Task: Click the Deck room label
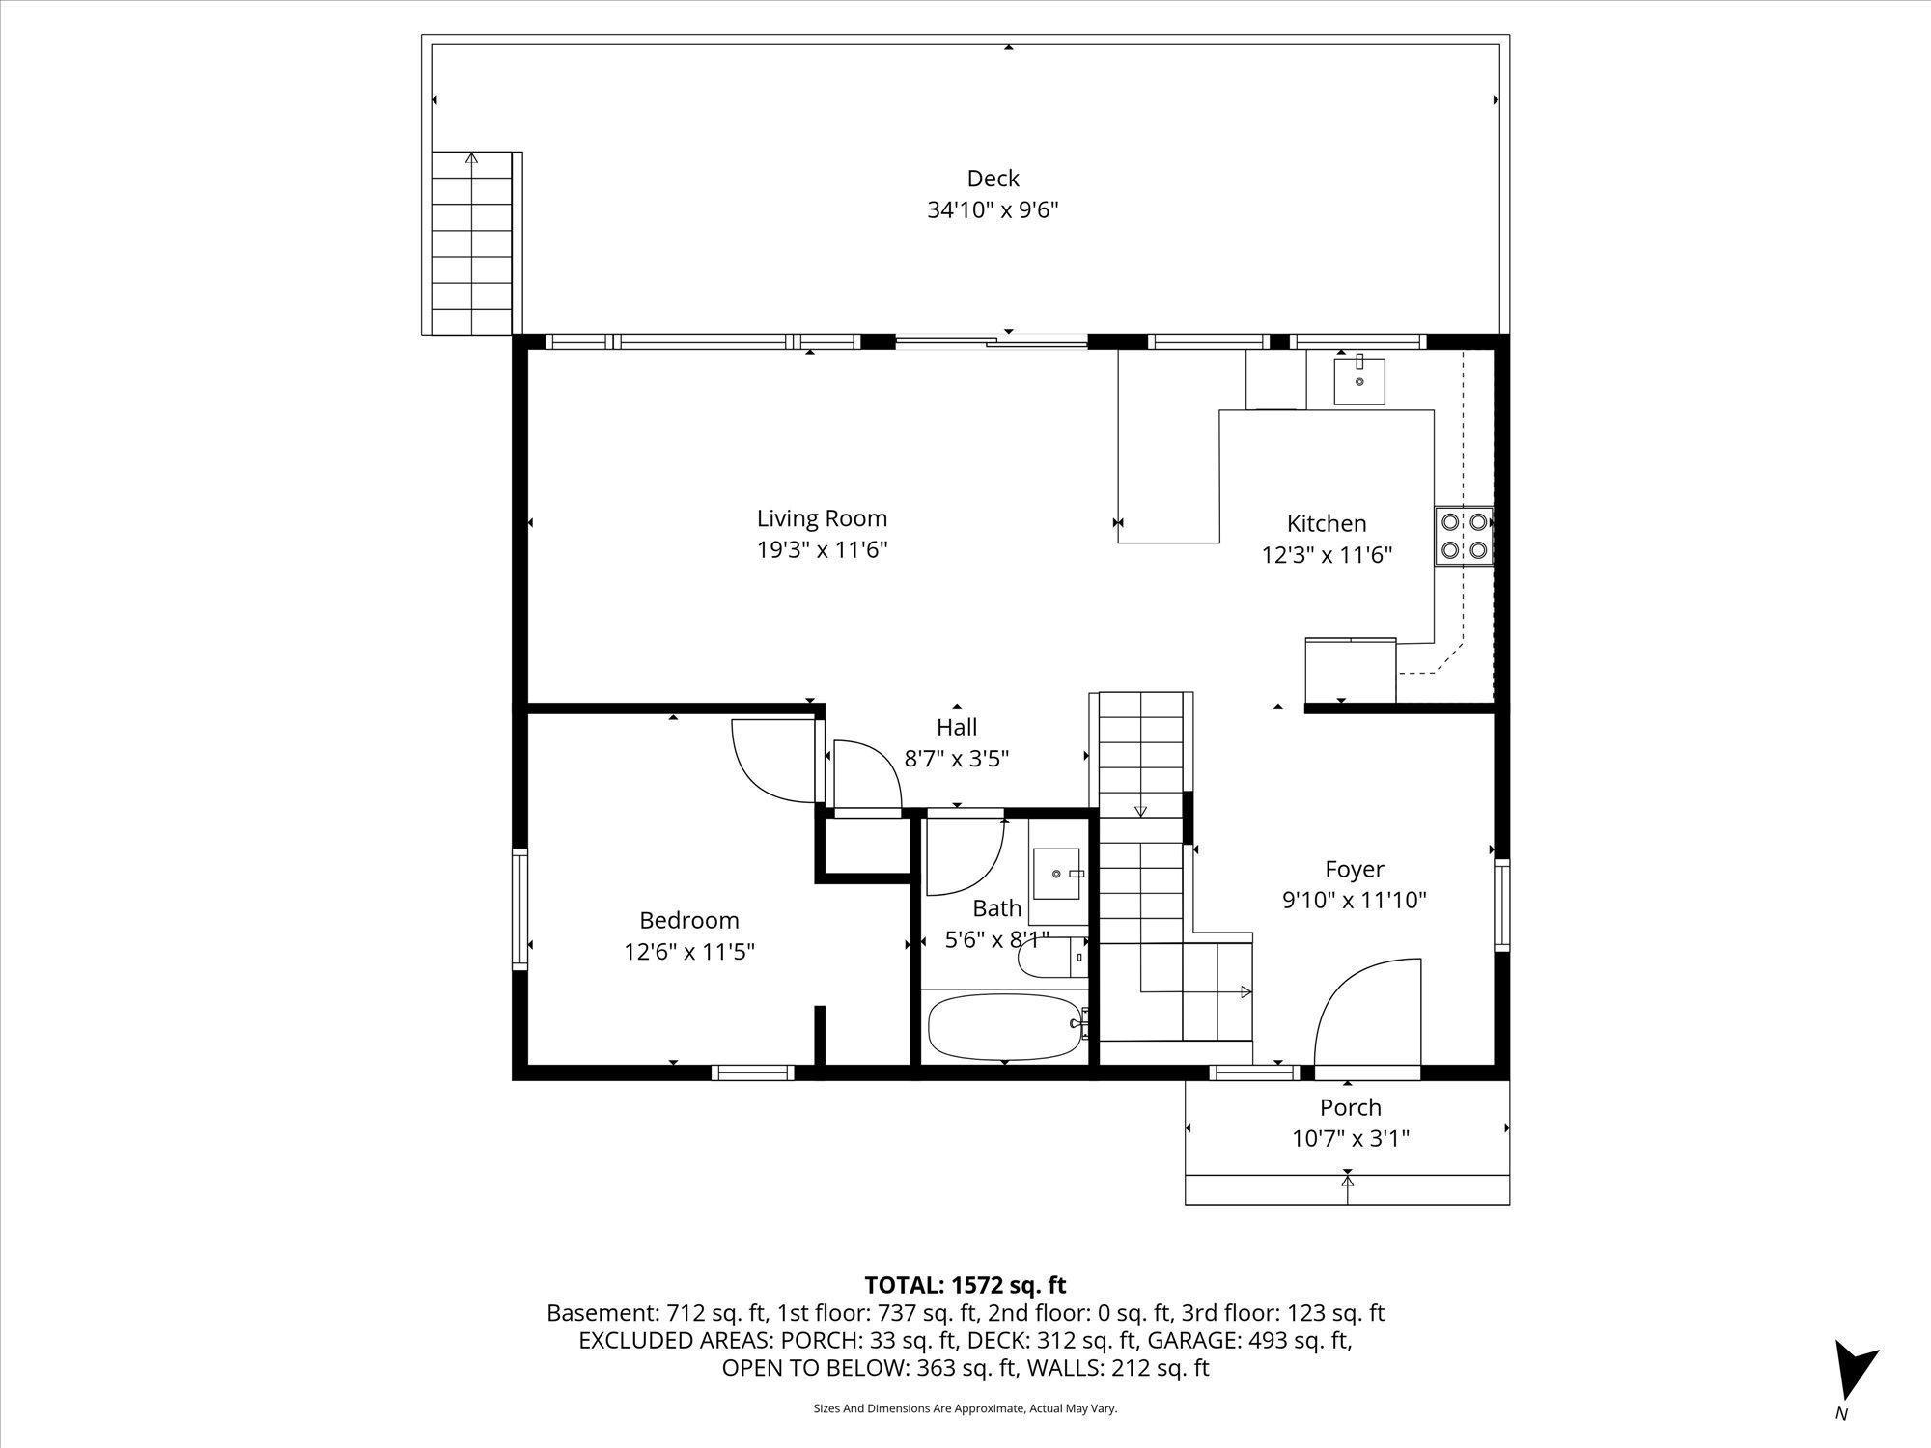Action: coord(993,179)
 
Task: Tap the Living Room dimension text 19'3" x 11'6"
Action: coord(822,550)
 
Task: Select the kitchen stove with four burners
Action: coord(1464,536)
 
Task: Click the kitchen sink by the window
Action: coord(1359,380)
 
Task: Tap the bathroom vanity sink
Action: coord(1059,873)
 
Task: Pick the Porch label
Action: coord(1351,1107)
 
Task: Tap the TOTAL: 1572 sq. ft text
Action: coord(965,1285)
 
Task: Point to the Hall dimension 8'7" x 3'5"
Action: coord(957,759)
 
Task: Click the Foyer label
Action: coord(1355,870)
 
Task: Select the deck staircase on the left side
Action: coord(471,242)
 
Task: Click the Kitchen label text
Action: coord(1327,523)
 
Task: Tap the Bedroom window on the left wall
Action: coord(519,908)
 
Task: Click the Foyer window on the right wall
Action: coord(1501,905)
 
